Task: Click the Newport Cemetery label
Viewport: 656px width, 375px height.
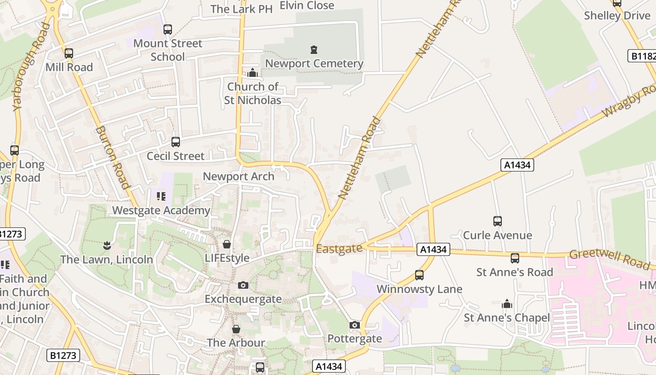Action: [x=314, y=63]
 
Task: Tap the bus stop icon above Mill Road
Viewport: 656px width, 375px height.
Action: [x=69, y=53]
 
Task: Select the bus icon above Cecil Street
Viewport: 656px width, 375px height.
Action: [x=176, y=142]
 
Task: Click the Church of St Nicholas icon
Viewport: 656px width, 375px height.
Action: [x=253, y=73]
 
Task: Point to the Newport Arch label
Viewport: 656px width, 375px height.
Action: [x=239, y=177]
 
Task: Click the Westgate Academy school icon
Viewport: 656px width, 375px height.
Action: [x=161, y=196]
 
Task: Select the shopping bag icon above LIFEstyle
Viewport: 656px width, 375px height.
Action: [x=227, y=244]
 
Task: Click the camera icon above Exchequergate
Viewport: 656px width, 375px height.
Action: [x=243, y=285]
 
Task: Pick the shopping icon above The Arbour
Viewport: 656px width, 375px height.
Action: [x=236, y=329]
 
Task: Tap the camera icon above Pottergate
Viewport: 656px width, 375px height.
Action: [x=355, y=325]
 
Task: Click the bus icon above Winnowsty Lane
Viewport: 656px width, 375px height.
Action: [x=419, y=275]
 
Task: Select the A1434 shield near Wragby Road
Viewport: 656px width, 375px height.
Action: [x=517, y=165]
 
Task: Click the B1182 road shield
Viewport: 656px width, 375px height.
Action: [x=642, y=56]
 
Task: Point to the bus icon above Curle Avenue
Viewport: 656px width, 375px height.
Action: [x=498, y=221]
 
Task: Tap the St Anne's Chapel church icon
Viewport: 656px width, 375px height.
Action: [x=507, y=304]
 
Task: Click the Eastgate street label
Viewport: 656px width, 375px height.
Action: [x=339, y=249]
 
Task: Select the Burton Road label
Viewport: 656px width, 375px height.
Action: [x=112, y=157]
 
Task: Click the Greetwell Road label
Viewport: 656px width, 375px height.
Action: [x=609, y=259]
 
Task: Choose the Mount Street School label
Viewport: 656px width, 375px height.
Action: [x=168, y=50]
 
